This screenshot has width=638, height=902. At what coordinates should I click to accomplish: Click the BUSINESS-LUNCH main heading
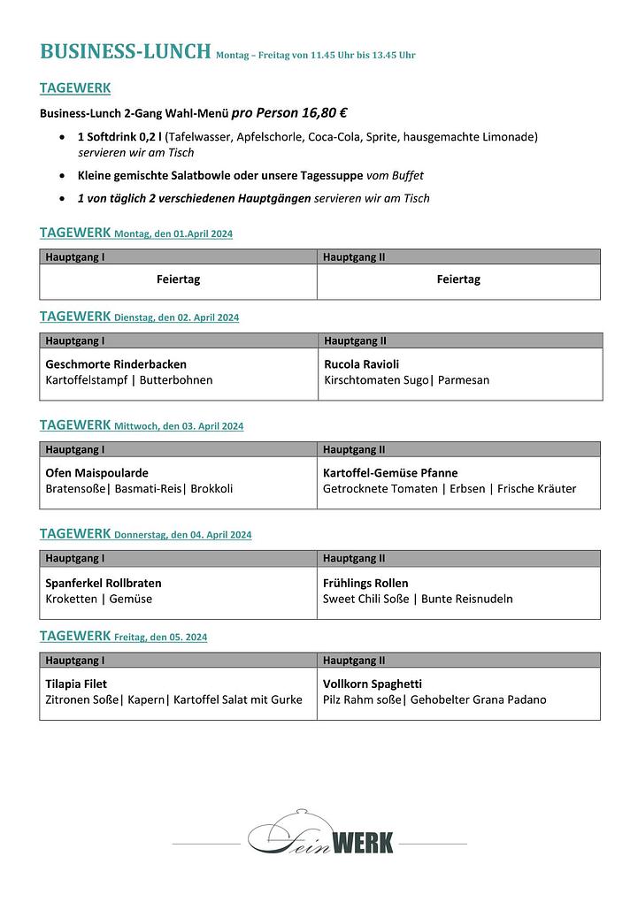pyautogui.click(x=125, y=51)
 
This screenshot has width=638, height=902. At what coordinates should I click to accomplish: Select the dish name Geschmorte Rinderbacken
pyautogui.click(x=116, y=363)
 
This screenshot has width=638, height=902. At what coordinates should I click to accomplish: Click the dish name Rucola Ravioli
pyautogui.click(x=361, y=363)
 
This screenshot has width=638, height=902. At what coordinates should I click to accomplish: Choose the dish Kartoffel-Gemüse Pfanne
pyautogui.click(x=390, y=472)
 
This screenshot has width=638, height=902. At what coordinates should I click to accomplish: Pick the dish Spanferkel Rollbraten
pyautogui.click(x=104, y=583)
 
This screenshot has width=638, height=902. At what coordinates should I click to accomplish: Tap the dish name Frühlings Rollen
pyautogui.click(x=365, y=583)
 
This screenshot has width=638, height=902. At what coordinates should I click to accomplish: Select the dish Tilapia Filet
pyautogui.click(x=76, y=684)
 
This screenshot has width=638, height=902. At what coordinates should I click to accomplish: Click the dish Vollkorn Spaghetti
pyautogui.click(x=372, y=684)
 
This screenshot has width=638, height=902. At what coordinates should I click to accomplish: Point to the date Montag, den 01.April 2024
pyautogui.click(x=173, y=234)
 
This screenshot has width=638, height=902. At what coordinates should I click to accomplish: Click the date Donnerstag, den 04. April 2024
pyautogui.click(x=183, y=535)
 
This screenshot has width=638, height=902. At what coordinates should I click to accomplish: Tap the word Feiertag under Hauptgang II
pyautogui.click(x=458, y=279)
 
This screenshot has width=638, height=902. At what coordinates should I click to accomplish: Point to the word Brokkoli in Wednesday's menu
pyautogui.click(x=211, y=488)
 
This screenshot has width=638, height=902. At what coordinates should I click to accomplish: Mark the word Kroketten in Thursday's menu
pyautogui.click(x=70, y=599)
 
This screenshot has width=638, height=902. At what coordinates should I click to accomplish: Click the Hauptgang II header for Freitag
pyautogui.click(x=354, y=661)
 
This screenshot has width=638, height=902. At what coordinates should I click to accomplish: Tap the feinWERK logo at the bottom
pyautogui.click(x=320, y=837)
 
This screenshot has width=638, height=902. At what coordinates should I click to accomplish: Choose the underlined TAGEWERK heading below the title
pyautogui.click(x=75, y=88)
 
